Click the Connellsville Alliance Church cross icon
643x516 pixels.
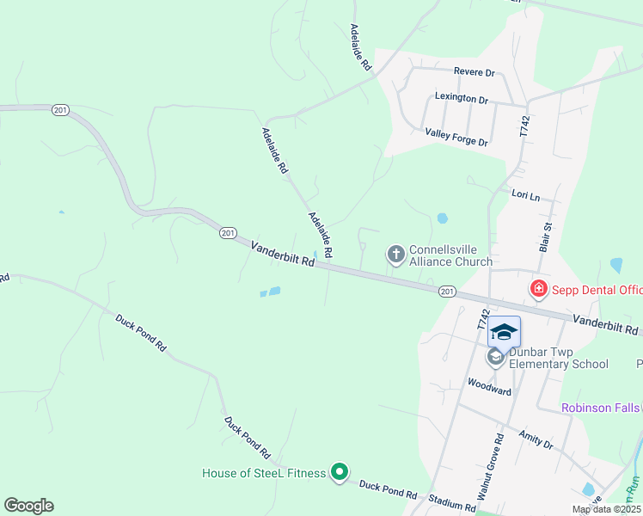[x=395, y=254]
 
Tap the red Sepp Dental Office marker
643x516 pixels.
[x=539, y=289]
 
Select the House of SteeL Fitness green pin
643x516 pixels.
[x=340, y=471]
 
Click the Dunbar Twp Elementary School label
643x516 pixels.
[x=558, y=358]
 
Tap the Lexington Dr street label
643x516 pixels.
[x=461, y=98]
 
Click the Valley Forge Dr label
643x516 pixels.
[x=456, y=137]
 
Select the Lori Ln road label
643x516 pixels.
[x=524, y=196]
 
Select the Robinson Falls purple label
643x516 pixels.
[x=601, y=407]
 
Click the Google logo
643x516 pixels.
[x=28, y=506]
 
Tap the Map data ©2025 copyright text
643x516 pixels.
[x=606, y=509]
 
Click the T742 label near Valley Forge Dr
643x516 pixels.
[x=524, y=126]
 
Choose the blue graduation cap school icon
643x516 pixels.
[x=504, y=332]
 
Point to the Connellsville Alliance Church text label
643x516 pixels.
[x=450, y=255]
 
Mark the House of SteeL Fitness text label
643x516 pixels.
[x=264, y=473]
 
